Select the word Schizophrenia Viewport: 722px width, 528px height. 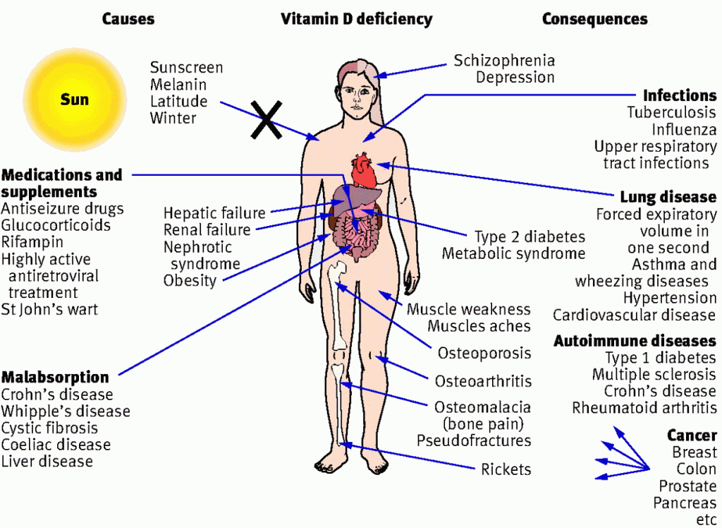504,61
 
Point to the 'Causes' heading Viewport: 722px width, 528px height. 128,19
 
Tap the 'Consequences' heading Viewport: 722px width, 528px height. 594,19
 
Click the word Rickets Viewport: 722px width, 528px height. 506,469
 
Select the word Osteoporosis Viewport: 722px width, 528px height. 484,353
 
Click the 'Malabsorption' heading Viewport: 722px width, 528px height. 55,377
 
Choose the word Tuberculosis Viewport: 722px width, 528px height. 671,112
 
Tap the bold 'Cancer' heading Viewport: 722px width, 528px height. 692,436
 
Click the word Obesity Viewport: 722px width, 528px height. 190,281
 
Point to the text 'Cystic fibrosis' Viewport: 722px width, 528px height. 49,428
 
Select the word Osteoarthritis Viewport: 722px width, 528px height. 483,382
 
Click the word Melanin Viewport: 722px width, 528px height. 178,85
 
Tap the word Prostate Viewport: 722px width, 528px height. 687,486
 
